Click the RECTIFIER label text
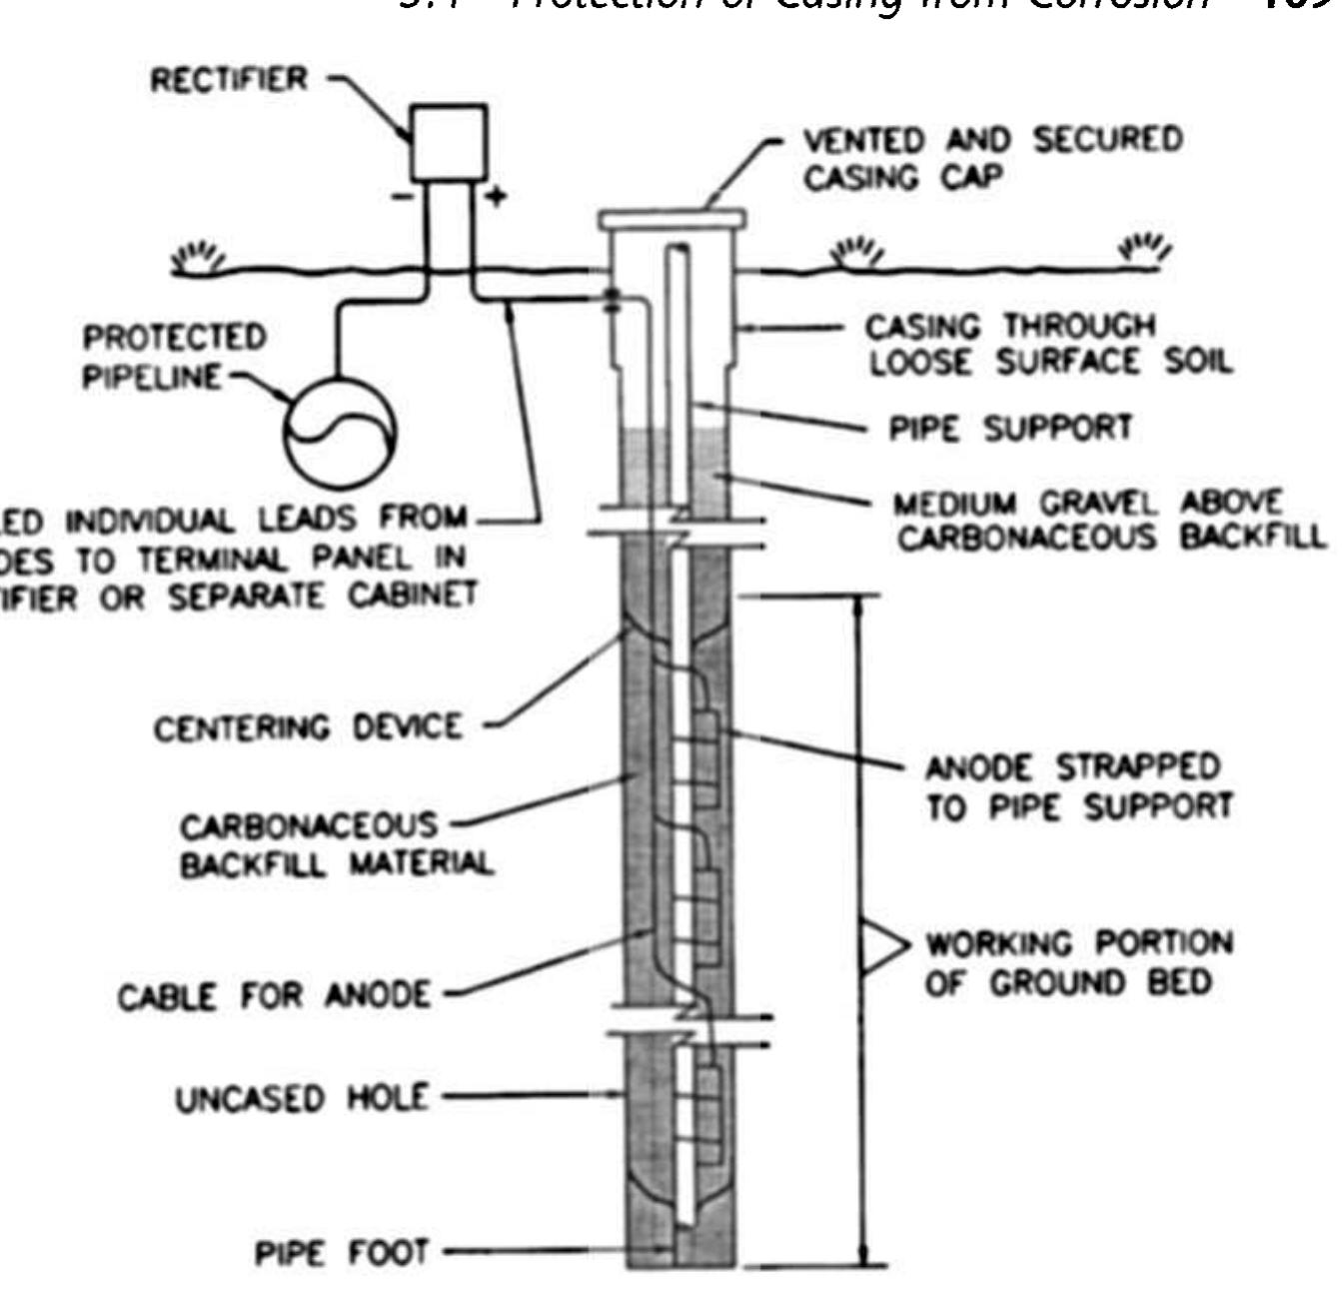click(229, 80)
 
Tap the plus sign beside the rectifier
click(496, 197)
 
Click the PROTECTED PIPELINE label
click(174, 357)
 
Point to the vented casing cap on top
click(671, 218)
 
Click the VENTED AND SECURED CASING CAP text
click(992, 158)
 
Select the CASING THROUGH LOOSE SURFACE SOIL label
click(1047, 345)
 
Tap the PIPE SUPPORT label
click(1010, 429)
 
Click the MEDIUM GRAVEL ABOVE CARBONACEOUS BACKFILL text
click(1109, 520)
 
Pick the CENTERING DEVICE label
click(308, 727)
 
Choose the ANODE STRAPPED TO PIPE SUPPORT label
click(1077, 787)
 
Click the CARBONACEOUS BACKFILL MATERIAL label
click(335, 844)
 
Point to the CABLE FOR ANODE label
click(275, 996)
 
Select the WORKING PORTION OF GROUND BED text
click(1077, 962)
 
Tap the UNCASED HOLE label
click(302, 1098)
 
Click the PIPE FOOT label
click(341, 1252)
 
